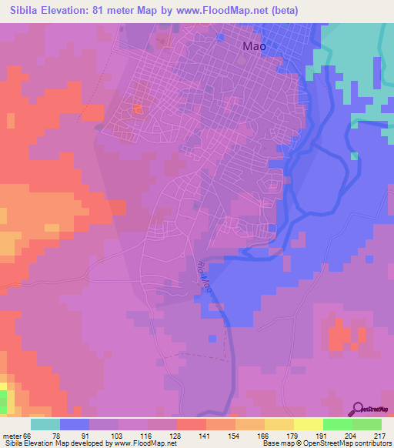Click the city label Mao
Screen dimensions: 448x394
254,46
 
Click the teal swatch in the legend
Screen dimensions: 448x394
45,424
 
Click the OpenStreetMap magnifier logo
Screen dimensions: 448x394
359,409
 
